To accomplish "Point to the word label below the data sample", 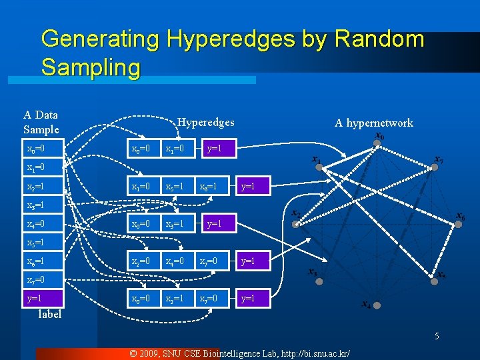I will click(x=49, y=314).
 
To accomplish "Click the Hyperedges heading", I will click(x=205, y=122).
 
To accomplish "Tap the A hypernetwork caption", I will click(x=373, y=123).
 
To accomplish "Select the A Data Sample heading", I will click(x=41, y=123).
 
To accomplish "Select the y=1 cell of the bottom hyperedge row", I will click(x=248, y=298).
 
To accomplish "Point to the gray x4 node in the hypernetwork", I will click(x=377, y=305).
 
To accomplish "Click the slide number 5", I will click(x=437, y=336).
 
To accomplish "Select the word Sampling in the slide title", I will click(x=91, y=67).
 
